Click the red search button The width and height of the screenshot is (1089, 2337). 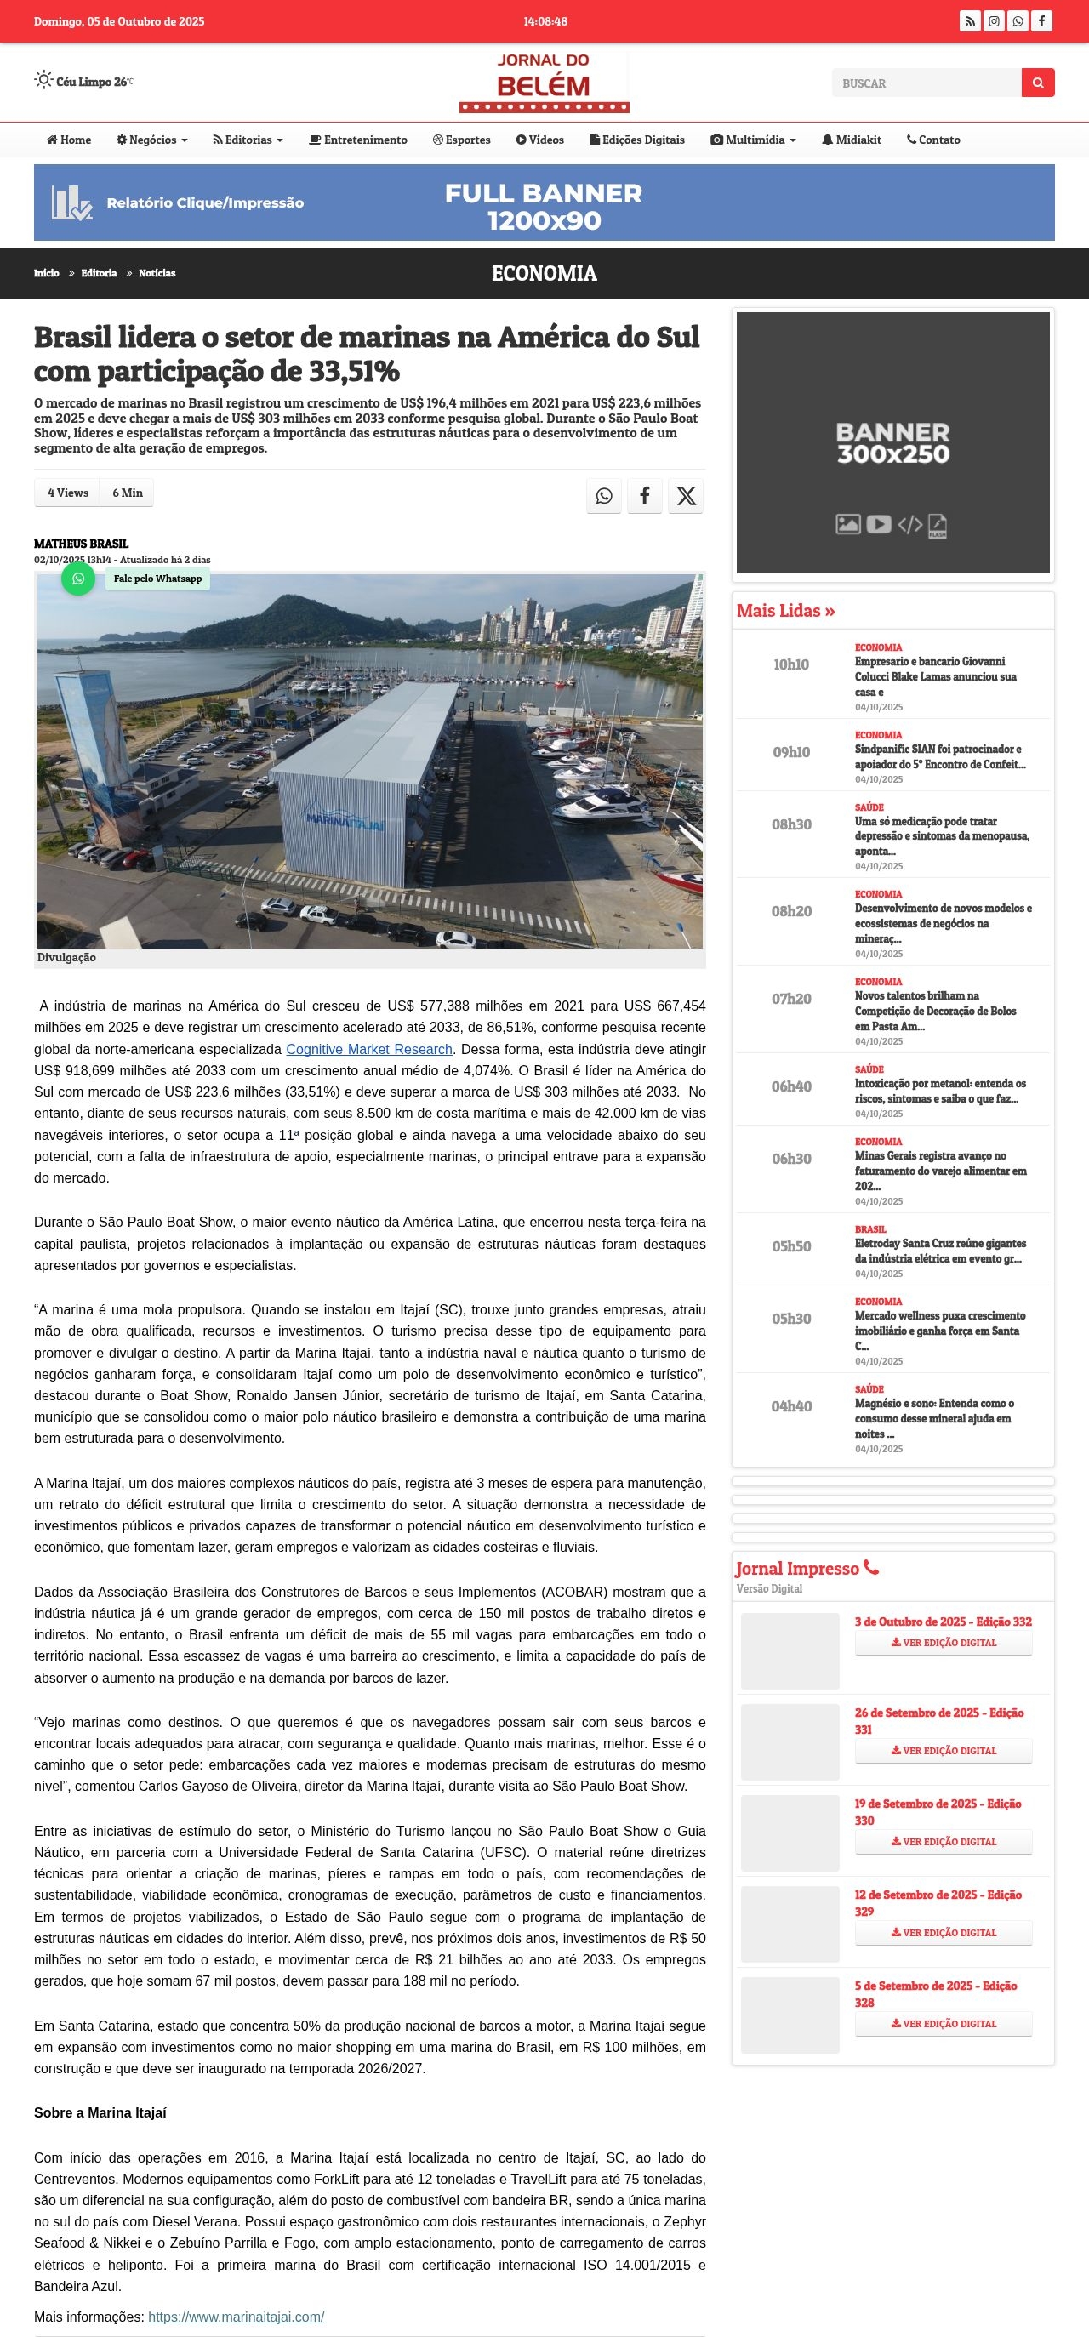(1037, 83)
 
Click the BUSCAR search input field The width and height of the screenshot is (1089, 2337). (926, 83)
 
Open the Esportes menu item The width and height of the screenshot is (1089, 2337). (462, 140)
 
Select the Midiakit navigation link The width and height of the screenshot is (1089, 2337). (852, 140)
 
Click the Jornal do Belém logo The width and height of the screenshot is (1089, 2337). (544, 82)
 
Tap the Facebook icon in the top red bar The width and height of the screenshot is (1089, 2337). (1041, 21)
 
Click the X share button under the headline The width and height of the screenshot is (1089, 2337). (686, 495)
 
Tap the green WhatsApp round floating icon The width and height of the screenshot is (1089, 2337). (78, 579)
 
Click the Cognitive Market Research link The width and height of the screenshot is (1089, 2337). (368, 1049)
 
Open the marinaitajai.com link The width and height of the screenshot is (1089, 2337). (236, 2316)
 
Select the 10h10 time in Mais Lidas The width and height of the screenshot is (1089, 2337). (790, 664)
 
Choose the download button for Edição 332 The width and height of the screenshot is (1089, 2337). (943, 1642)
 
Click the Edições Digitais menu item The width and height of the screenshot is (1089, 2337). (637, 140)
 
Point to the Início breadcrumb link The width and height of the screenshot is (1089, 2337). (46, 273)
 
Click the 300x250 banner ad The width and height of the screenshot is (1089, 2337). (893, 442)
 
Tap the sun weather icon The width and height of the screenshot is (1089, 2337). (43, 80)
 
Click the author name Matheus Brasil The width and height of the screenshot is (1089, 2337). (81, 544)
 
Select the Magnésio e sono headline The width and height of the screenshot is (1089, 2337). (934, 1418)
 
